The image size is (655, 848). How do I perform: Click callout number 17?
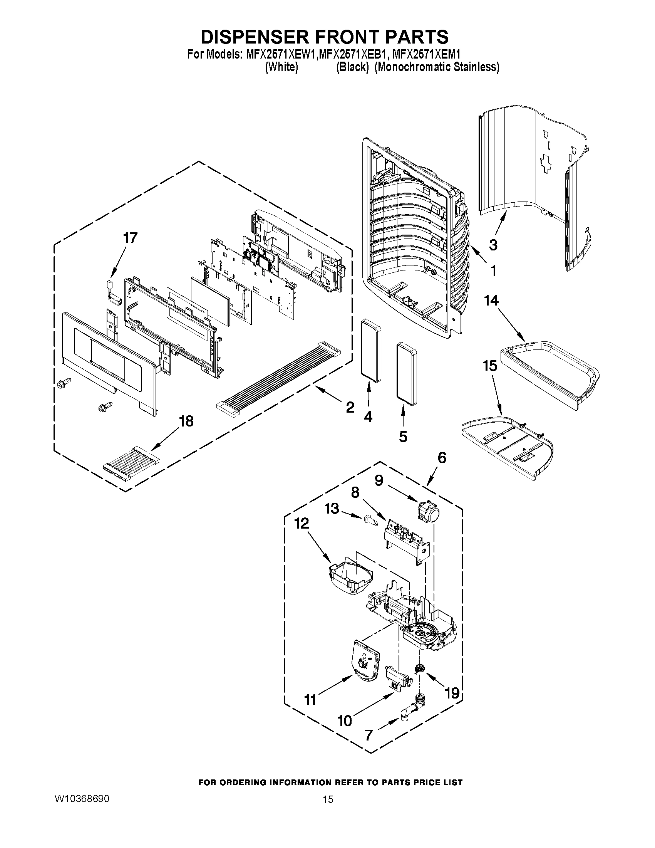pos(130,238)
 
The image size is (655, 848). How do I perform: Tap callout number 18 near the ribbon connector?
pos(186,421)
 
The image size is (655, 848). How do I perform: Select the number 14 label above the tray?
pos(491,301)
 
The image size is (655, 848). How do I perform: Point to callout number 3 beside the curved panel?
pos(493,245)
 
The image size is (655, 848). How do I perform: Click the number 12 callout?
pos(302,523)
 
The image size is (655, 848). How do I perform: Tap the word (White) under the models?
pos(281,67)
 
